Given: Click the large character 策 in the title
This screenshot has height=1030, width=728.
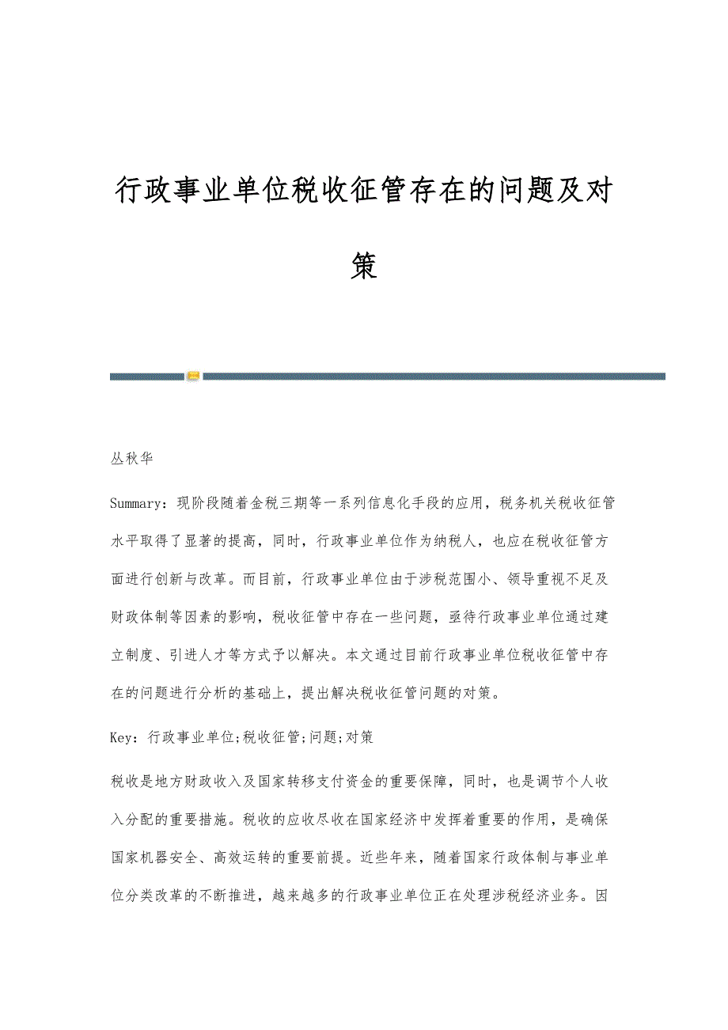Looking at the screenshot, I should point(364,267).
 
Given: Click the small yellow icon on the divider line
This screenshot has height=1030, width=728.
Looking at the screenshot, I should point(193,377).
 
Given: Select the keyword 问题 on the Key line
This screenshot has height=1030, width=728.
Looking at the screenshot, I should point(321,737).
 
